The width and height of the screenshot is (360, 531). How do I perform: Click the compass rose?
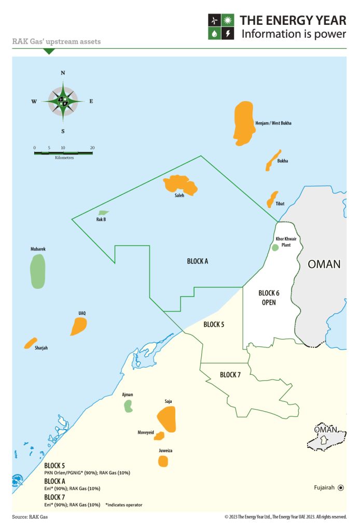tap(63, 101)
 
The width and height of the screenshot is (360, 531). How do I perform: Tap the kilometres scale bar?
tap(63, 152)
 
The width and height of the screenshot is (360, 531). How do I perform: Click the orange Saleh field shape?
tap(180, 185)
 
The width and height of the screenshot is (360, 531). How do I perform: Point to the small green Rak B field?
tap(103, 213)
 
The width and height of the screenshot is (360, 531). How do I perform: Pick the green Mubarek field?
tap(38, 271)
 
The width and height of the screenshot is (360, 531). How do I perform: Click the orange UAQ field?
tap(79, 326)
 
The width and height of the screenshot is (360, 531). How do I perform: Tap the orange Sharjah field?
tap(30, 343)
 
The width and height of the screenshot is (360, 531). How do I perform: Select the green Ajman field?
tap(128, 406)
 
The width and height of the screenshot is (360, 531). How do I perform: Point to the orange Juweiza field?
tap(163, 460)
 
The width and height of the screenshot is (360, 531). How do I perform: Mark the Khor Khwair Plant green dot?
tap(275, 247)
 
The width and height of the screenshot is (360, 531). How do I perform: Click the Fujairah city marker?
tap(341, 487)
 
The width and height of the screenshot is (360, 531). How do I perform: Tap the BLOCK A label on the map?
tap(197, 261)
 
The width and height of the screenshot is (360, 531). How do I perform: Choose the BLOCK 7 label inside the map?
tap(231, 374)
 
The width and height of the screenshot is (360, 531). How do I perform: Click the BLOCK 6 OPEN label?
tap(269, 298)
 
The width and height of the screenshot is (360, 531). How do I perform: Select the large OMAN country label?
tap(324, 264)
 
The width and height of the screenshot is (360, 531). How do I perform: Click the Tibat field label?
tap(280, 204)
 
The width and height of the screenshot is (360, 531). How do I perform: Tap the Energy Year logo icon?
tap(221, 26)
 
